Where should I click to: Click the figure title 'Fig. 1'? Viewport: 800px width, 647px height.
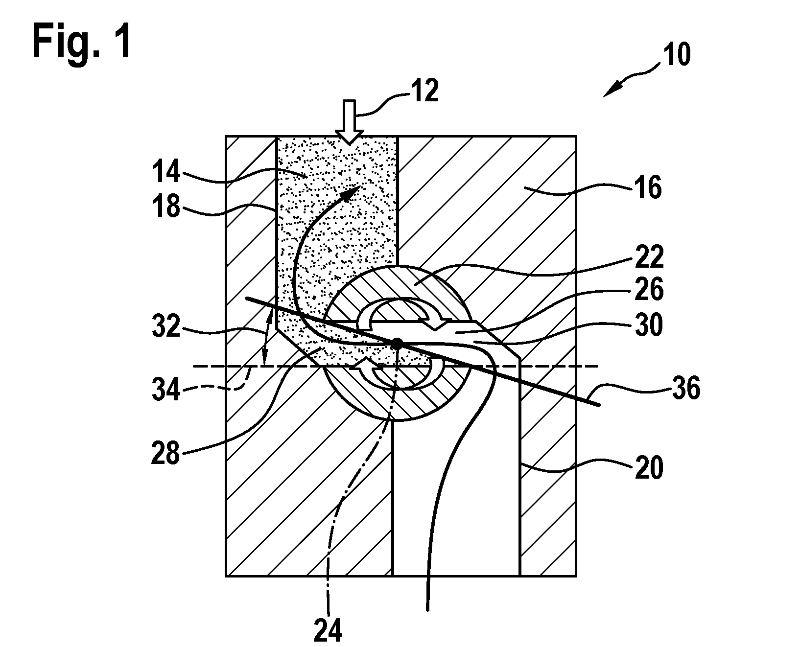(x=82, y=49)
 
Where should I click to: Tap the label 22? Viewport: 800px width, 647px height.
(x=647, y=256)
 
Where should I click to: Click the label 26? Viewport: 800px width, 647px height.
(x=647, y=290)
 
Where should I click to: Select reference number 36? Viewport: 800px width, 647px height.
(x=685, y=390)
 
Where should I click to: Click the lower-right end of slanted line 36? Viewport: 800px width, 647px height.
(x=600, y=404)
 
